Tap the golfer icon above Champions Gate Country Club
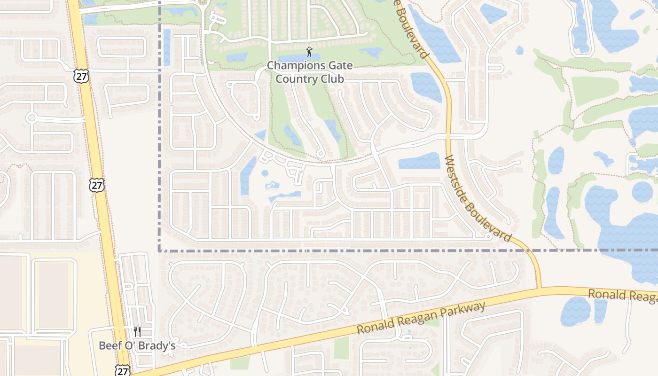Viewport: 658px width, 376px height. [x=309, y=51]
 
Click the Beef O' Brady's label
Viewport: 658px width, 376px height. [x=137, y=345]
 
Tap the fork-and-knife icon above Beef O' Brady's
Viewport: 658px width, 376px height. [x=137, y=332]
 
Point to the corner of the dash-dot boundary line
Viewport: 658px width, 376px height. [x=160, y=250]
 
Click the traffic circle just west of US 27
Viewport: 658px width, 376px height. [x=31, y=117]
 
